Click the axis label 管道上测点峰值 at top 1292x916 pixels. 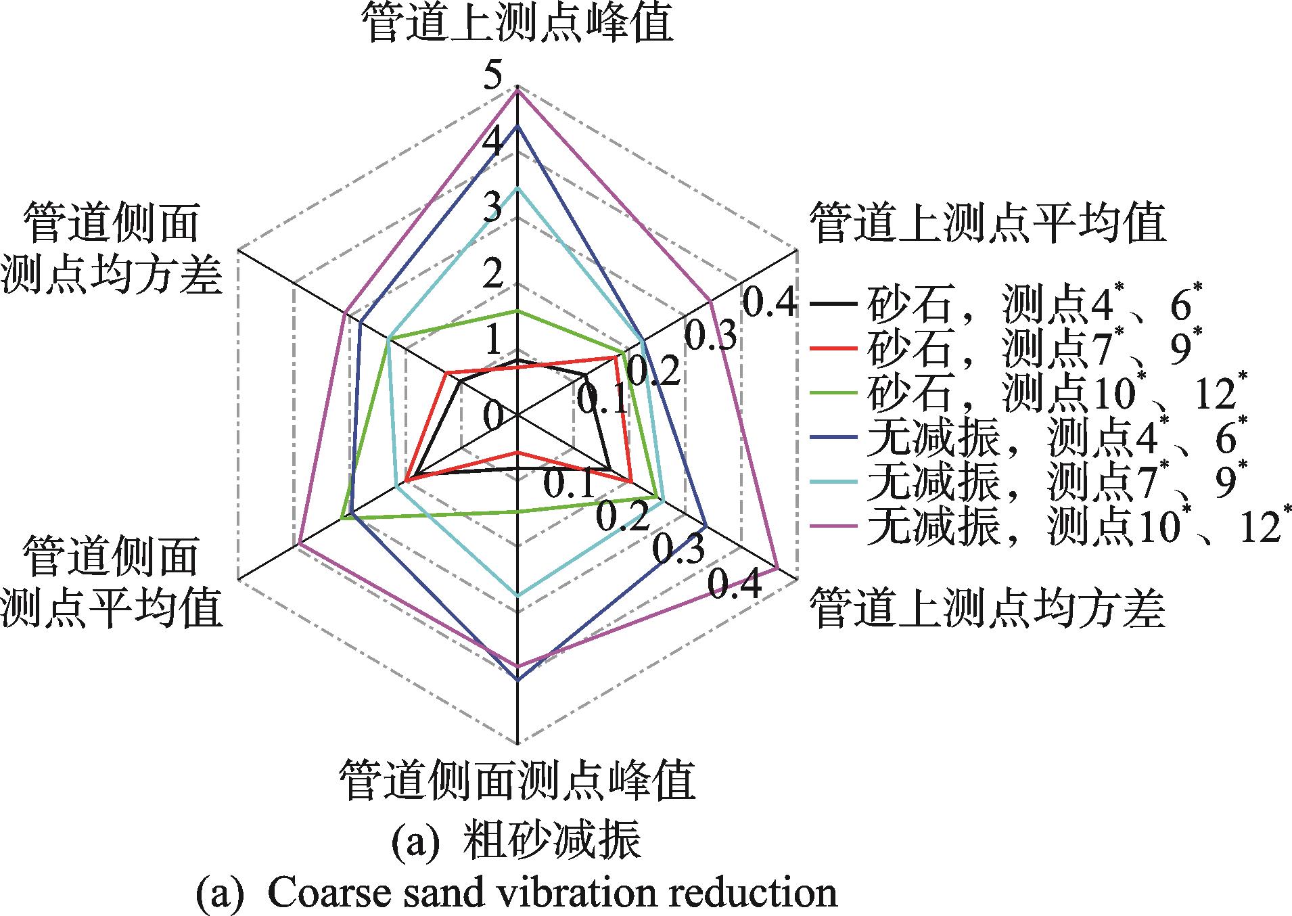(517, 24)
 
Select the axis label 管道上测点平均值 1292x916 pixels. (987, 222)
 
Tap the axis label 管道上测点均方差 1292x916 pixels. (987, 607)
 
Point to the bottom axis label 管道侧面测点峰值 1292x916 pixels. (517, 779)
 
